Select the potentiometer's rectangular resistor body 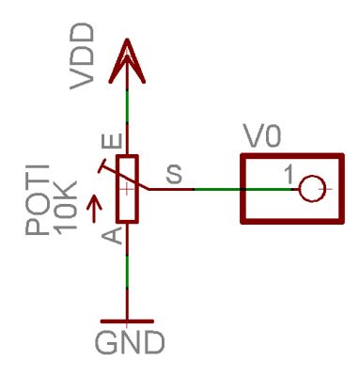click(129, 189)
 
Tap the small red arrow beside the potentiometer click(91, 202)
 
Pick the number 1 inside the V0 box click(290, 176)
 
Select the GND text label click(129, 340)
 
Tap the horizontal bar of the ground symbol click(129, 320)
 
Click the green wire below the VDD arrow click(128, 113)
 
